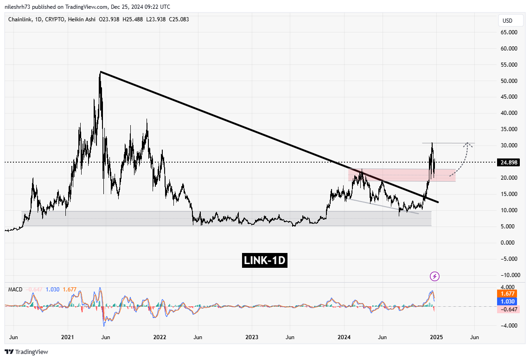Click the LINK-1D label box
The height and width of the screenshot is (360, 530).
265,261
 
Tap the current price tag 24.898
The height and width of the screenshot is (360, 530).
509,162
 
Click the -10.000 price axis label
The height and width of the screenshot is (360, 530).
509,275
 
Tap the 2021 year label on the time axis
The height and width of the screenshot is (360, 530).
68,337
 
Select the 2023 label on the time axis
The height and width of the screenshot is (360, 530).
251,337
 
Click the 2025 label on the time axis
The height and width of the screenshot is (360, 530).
435,337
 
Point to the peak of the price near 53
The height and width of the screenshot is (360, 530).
100,72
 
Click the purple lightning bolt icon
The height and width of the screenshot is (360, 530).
435,277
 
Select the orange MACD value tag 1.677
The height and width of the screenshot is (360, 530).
509,294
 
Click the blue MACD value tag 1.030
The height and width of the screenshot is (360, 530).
509,301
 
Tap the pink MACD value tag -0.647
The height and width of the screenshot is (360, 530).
509,309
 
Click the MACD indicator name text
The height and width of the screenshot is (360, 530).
15,290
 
